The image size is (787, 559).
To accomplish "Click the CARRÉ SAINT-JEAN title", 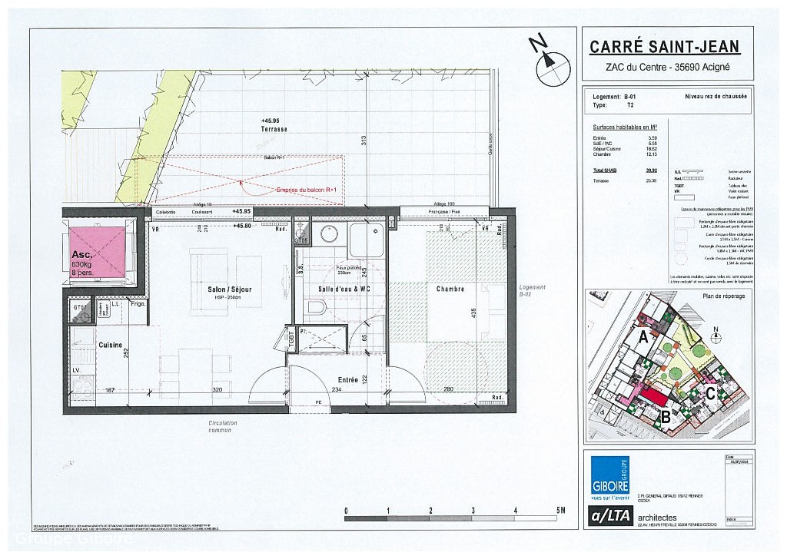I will pyautogui.click(x=664, y=47).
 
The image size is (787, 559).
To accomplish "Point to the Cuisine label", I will pyautogui.click(x=111, y=345).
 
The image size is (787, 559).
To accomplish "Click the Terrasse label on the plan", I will pyautogui.click(x=274, y=129).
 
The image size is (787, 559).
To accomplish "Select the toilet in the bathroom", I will pyautogui.click(x=314, y=308).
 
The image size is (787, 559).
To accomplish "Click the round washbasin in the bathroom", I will pyautogui.click(x=330, y=234).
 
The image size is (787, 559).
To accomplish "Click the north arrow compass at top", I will pyautogui.click(x=552, y=63).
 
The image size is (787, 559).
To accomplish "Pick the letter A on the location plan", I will pyautogui.click(x=643, y=336).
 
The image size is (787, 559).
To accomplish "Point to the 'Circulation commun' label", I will pyautogui.click(x=223, y=426).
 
